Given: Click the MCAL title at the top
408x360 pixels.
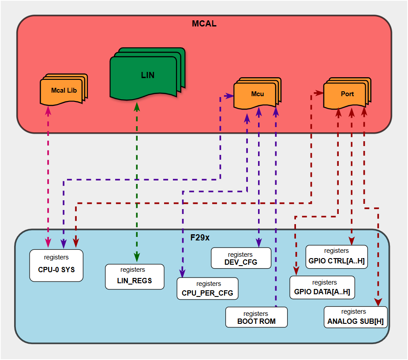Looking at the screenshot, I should pyautogui.click(x=204, y=24).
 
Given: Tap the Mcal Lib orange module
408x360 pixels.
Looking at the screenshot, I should pyautogui.click(x=64, y=90).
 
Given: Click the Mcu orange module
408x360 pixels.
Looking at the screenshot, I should pyautogui.click(x=257, y=94).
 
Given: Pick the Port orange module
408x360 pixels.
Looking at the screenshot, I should pyautogui.click(x=347, y=94).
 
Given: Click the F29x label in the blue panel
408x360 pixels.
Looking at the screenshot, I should pyautogui.click(x=200, y=237).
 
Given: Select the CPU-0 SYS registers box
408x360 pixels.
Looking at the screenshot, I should pyautogui.click(x=56, y=265).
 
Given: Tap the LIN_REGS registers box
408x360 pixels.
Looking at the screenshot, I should pyautogui.click(x=135, y=277).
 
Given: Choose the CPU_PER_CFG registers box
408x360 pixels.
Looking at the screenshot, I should pyautogui.click(x=208, y=289).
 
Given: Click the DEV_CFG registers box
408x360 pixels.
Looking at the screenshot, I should pyautogui.click(x=241, y=258).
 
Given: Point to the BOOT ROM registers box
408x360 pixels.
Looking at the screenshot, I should pyautogui.click(x=256, y=317).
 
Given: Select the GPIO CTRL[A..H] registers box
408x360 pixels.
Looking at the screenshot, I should pyautogui.click(x=337, y=257).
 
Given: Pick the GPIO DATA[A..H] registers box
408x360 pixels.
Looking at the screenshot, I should pyautogui.click(x=322, y=288).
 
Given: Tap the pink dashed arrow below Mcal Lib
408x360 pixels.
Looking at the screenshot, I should pyautogui.click(x=48, y=176).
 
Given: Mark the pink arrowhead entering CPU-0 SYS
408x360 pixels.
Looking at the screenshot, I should pyautogui.click(x=48, y=244).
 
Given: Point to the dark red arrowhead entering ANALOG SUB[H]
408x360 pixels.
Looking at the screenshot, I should pyautogui.click(x=378, y=301).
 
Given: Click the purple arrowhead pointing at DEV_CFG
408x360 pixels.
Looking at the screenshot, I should pyautogui.click(x=259, y=242).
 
